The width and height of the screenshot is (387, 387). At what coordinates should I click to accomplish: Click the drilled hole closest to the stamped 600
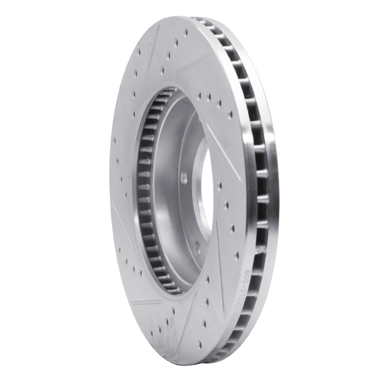(236, 255)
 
